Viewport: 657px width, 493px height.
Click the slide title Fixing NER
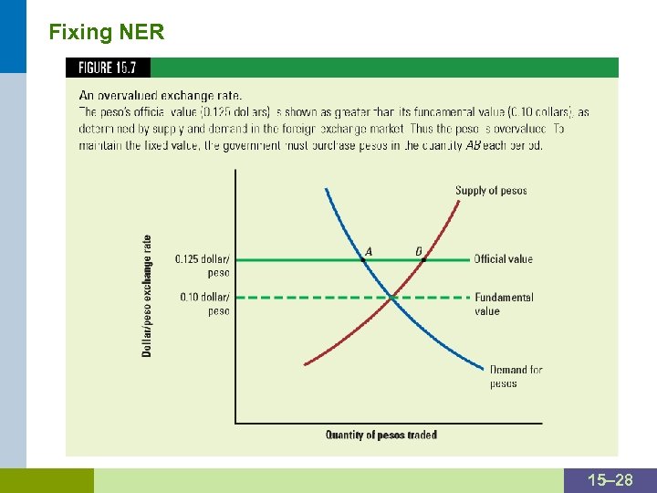coord(107,34)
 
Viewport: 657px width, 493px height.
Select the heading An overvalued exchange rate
coord(161,95)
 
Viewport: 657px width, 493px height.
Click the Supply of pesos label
coord(491,191)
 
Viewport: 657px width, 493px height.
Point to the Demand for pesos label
coord(516,376)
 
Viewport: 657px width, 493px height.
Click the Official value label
coord(503,259)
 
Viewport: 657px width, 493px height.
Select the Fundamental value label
coord(504,304)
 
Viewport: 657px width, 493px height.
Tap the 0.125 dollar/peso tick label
coord(203,266)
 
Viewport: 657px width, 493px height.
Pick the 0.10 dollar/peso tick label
coord(204,304)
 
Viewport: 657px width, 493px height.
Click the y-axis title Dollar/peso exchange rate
coord(147,296)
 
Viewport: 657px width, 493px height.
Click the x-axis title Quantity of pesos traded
coord(381,435)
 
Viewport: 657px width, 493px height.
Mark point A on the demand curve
coord(362,260)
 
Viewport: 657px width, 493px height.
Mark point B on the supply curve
coord(423,260)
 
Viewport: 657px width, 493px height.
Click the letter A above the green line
coord(369,251)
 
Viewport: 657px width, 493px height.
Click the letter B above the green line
coord(419,251)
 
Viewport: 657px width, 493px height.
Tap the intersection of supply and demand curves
coord(391,297)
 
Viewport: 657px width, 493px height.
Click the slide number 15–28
coord(610,480)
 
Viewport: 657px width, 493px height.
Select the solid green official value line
coord(292,259)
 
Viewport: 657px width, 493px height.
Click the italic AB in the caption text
coord(474,145)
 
